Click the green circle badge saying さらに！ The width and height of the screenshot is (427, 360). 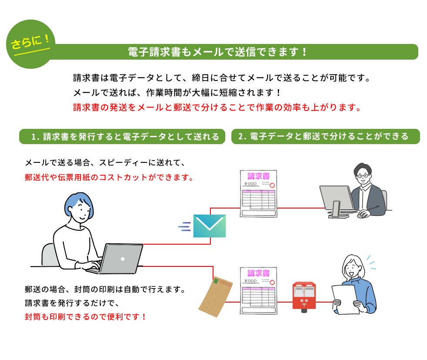coord(30,44)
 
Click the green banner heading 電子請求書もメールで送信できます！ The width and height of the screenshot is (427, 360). coord(218,52)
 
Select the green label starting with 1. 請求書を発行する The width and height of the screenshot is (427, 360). coord(122,136)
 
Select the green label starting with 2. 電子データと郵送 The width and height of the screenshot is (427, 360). coord(325,136)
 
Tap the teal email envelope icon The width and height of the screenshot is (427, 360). coord(210,226)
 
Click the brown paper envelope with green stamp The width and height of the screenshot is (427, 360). coord(215,296)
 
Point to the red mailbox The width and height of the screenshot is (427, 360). coord(304,296)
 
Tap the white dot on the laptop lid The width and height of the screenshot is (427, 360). coord(122,259)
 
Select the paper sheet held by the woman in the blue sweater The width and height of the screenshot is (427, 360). coord(345,299)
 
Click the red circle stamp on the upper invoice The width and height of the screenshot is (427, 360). coord(272,185)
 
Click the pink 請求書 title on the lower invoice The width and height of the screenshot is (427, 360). coord(258,273)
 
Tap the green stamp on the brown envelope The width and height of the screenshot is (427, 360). coord(216,281)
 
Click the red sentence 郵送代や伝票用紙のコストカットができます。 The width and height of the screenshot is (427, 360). coord(109,178)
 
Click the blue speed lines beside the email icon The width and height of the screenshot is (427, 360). coord(185,226)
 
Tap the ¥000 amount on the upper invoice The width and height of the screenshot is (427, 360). coord(251,184)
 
